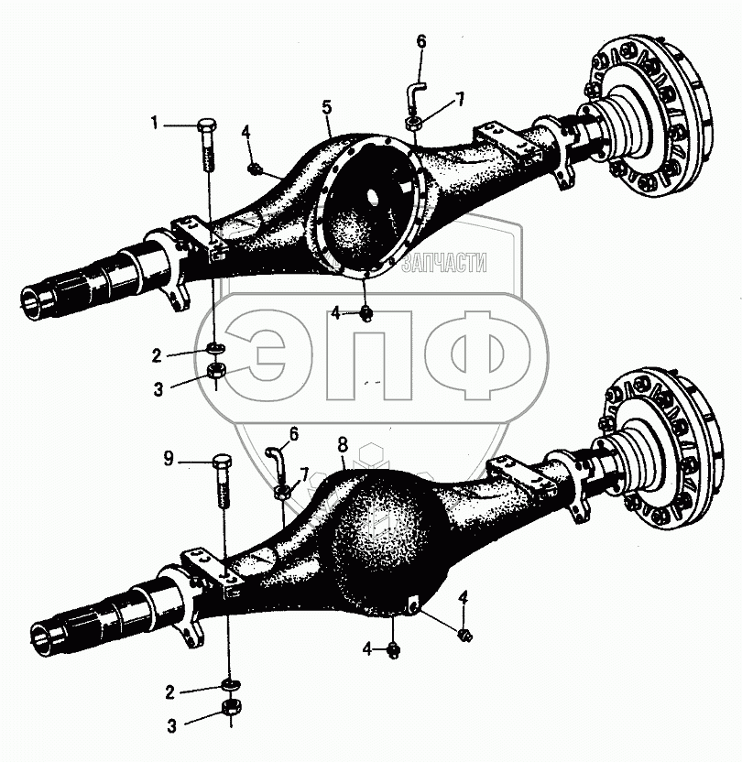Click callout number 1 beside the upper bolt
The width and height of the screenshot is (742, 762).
pyautogui.click(x=156, y=123)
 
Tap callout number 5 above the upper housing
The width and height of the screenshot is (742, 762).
pyautogui.click(x=326, y=108)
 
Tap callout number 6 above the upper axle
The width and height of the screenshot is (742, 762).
pyautogui.click(x=421, y=41)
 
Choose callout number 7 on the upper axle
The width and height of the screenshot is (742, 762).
pyautogui.click(x=461, y=98)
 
